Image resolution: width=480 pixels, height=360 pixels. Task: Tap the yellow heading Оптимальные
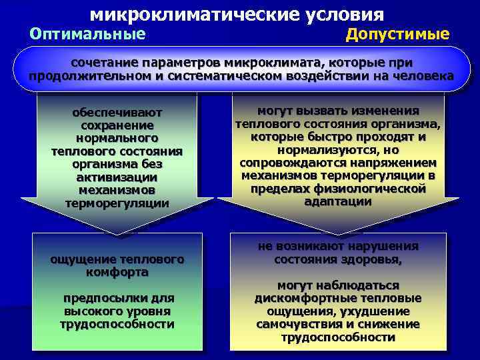click(87, 33)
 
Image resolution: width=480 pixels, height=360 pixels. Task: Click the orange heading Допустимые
click(397, 34)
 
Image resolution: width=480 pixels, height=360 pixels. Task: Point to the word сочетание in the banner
click(103, 62)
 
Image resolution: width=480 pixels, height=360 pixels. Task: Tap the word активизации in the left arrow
click(117, 177)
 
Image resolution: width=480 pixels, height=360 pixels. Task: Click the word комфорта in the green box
click(117, 272)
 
